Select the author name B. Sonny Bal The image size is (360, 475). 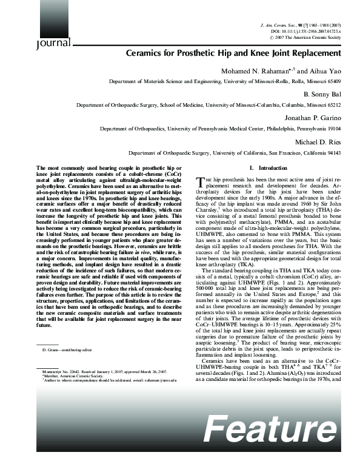pos(328,95)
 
